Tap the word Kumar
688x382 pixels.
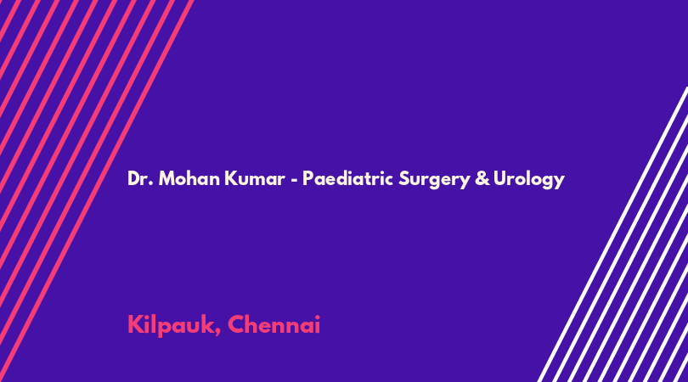coord(255,178)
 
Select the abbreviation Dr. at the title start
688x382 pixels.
coord(140,178)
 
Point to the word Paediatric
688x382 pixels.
coord(347,178)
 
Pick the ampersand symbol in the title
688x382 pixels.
coord(482,178)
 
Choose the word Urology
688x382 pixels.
coord(528,180)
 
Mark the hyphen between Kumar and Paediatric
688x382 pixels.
coord(294,180)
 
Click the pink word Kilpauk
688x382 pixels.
coord(170,325)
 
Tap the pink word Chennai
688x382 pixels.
coord(274,324)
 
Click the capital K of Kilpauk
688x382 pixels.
coord(135,324)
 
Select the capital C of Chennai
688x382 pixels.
coord(236,324)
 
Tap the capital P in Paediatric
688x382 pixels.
coord(307,178)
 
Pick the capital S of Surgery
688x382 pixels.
coord(403,178)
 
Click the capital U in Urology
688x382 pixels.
coord(499,178)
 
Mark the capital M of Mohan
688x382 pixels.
coord(166,178)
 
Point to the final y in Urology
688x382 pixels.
coord(560,182)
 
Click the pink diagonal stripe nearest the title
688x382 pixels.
coord(96,191)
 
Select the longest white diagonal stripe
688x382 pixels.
coord(613,234)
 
